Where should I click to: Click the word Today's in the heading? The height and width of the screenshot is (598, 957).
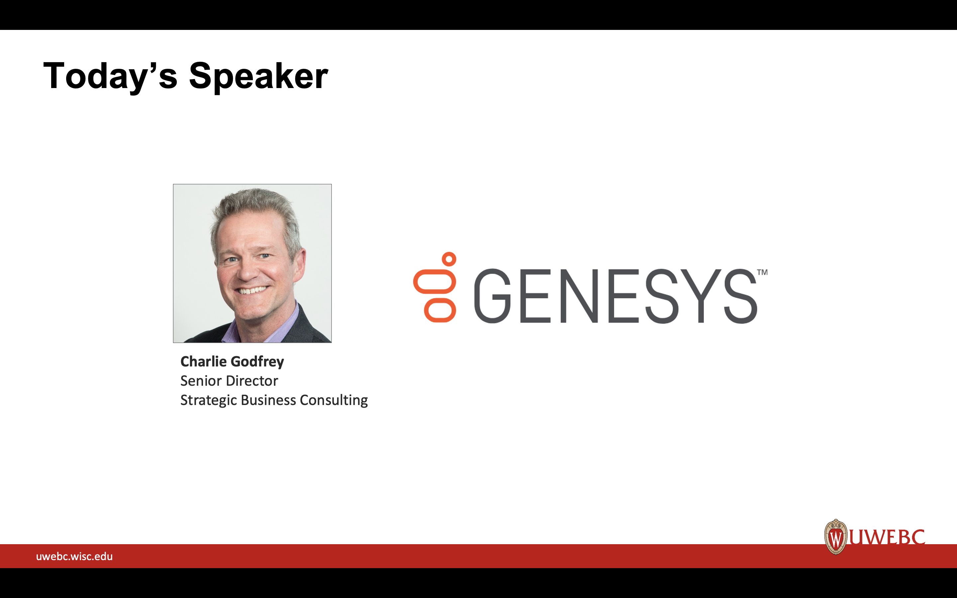coord(110,76)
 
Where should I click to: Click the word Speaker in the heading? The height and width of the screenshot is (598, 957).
coord(258,76)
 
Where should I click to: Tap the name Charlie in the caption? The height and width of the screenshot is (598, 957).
coord(203,361)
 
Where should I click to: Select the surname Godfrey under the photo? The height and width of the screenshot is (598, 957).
coord(257,361)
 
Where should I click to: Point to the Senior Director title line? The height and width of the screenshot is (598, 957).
coord(229,381)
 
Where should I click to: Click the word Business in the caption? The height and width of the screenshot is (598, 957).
coord(268,400)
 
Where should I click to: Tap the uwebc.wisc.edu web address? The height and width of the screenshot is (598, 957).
coord(74,556)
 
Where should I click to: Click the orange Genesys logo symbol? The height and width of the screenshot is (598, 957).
coord(435,293)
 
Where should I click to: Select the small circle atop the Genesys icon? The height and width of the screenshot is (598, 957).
coord(449,259)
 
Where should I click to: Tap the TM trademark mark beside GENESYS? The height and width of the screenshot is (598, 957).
coord(762,272)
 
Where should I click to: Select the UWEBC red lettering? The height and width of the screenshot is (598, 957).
coord(887,538)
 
